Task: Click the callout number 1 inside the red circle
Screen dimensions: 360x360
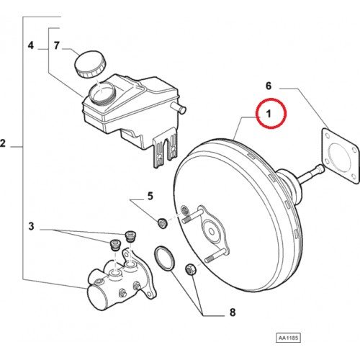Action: (x=269, y=114)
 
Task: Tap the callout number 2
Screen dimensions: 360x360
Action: (x=3, y=143)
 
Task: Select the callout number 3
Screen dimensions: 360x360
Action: (x=31, y=226)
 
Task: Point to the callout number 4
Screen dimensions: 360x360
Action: (x=31, y=45)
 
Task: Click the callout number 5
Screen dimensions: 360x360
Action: (x=150, y=196)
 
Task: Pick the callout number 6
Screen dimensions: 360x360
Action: (x=269, y=86)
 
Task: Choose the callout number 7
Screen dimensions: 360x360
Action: (x=57, y=45)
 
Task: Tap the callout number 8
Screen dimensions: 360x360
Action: (x=233, y=312)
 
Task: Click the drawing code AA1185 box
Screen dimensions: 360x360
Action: (x=288, y=338)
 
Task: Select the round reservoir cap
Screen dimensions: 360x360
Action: (x=90, y=64)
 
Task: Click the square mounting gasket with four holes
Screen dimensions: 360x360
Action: (x=340, y=156)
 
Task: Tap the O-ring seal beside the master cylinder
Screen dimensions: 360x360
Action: (x=164, y=258)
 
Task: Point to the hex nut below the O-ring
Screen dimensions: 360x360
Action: (x=190, y=269)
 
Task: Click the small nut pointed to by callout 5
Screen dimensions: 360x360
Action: (x=162, y=223)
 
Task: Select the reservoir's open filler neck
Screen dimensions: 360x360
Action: (x=102, y=92)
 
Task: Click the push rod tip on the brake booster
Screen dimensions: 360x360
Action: (x=319, y=169)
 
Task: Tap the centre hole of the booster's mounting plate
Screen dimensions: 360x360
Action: (x=212, y=231)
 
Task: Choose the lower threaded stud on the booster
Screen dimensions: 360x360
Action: (x=215, y=256)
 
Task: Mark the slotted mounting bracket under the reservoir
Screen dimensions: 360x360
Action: (x=165, y=148)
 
